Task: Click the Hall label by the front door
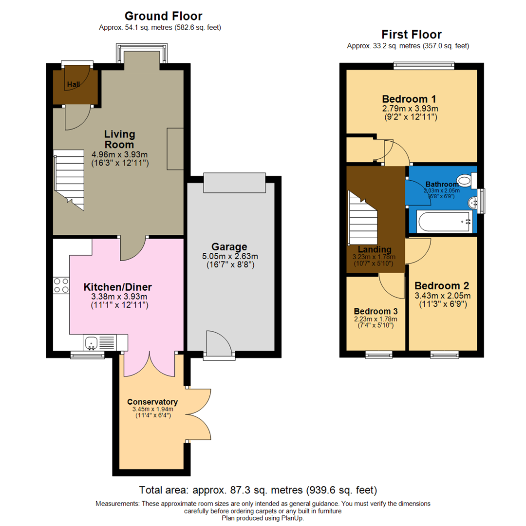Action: [74, 85]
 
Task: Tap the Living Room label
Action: [119, 139]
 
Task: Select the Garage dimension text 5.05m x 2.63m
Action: [229, 257]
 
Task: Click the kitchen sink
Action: [92, 343]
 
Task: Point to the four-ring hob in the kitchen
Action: [61, 285]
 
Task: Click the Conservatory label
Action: [152, 402]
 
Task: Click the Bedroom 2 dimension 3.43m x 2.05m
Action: [442, 296]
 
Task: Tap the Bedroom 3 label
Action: [376, 311]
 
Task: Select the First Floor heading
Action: [411, 35]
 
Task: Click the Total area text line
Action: [258, 489]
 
